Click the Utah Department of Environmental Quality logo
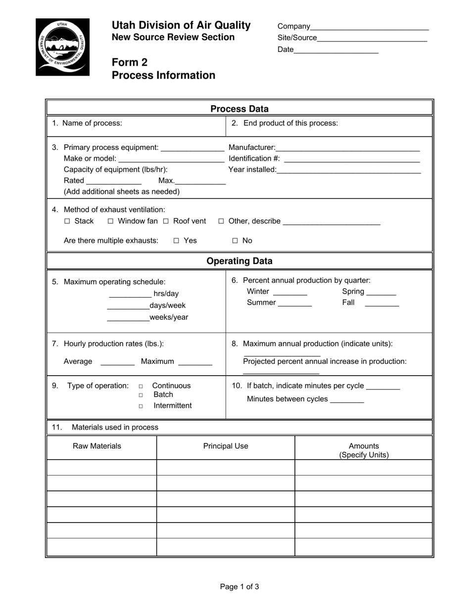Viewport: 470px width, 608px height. [62, 47]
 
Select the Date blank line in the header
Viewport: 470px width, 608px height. [336, 50]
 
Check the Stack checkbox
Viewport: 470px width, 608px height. [67, 221]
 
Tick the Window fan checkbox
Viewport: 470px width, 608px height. [110, 221]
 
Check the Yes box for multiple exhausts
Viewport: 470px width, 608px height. [176, 241]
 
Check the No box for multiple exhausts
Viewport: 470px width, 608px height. [235, 241]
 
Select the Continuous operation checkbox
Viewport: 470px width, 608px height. [141, 386]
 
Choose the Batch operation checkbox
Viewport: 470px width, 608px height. [141, 395]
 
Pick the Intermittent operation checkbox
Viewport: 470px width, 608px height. [141, 406]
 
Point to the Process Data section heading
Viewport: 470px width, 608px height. [239, 109]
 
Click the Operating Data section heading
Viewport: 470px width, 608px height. [239, 261]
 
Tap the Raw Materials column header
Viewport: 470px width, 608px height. [97, 446]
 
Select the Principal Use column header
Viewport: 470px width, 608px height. [226, 446]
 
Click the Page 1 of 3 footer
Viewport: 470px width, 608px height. [239, 587]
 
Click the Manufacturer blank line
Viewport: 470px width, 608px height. [348, 148]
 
